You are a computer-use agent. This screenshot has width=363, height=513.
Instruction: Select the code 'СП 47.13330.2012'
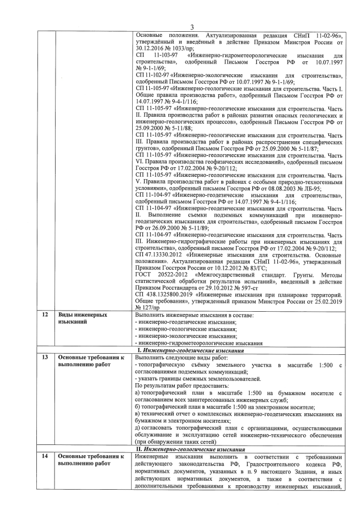(159, 254)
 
